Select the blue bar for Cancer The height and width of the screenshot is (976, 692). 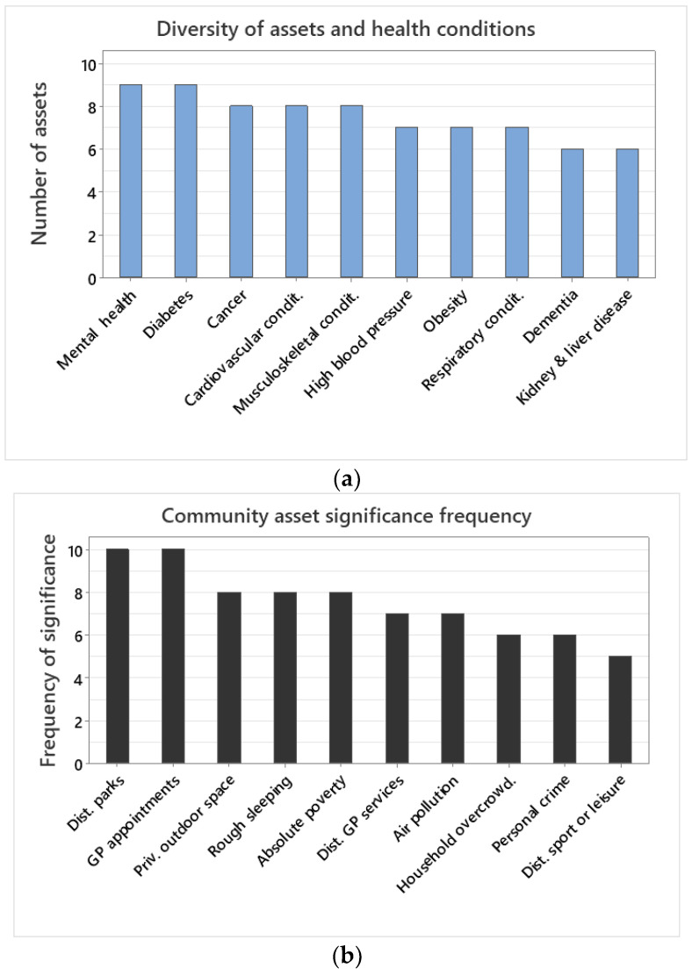pos(241,192)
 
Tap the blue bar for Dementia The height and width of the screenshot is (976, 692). pos(572,214)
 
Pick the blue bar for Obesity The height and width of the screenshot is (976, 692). pos(462,203)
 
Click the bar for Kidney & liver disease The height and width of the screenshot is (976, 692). pos(627,214)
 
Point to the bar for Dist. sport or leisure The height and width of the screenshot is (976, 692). pos(619,710)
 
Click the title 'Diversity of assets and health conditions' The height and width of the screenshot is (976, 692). pos(346,28)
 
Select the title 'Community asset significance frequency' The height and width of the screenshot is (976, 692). pos(346,516)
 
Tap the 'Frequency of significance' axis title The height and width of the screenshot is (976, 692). pos(48,649)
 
